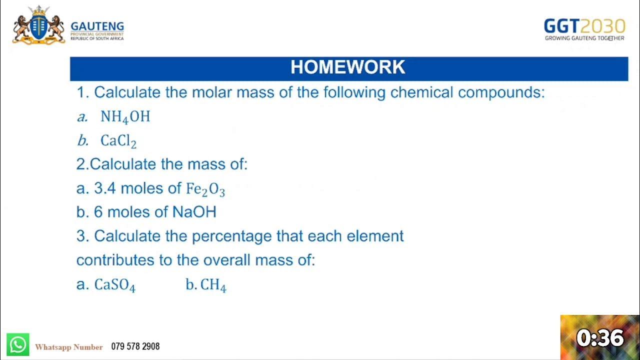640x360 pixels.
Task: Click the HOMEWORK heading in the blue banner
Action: point(348,67)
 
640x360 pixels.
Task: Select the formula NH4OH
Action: point(125,117)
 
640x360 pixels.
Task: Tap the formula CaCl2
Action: point(118,141)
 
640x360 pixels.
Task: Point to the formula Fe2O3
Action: point(205,189)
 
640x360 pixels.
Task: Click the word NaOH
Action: point(194,212)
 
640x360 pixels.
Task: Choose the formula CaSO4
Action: point(115,285)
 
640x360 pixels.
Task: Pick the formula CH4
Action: point(213,285)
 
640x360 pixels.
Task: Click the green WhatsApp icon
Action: point(18,345)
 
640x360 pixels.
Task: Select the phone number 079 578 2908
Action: point(135,346)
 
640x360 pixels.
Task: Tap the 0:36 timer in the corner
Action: point(600,338)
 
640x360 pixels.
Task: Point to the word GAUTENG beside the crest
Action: point(97,26)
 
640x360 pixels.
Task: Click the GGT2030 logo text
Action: point(584,26)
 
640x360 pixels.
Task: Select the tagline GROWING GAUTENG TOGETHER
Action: point(584,38)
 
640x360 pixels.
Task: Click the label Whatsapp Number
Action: point(69,347)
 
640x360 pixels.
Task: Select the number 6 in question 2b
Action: point(98,212)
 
